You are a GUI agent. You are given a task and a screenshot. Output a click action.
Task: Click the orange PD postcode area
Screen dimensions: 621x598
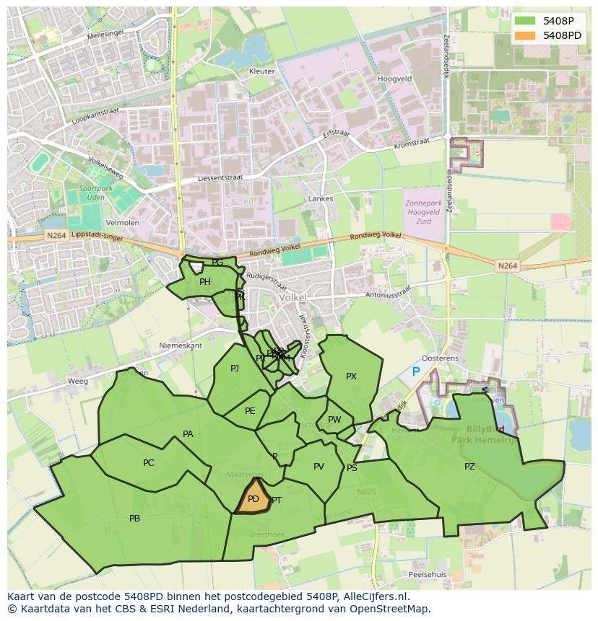(252, 498)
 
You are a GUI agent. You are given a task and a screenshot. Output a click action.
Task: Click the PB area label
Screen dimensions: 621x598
(134, 519)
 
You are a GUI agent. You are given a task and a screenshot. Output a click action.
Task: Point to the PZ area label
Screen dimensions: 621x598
(469, 467)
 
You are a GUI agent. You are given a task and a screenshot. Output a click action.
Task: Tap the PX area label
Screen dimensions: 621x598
(351, 376)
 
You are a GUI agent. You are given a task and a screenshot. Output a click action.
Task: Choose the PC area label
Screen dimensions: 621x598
(148, 463)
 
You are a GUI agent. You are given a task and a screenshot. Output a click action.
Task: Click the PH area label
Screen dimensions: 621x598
(205, 282)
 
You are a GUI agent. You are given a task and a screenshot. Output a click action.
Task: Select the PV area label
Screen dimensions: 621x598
(318, 467)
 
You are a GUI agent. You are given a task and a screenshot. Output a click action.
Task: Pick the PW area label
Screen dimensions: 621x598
(334, 420)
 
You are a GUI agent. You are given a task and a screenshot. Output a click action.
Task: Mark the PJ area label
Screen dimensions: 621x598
(235, 369)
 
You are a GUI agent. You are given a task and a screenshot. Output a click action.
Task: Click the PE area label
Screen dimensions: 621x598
(250, 411)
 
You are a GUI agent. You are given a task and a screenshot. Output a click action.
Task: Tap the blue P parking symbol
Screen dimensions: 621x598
(415, 371)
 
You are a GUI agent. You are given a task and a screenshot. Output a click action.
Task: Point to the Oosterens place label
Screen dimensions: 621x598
(440, 358)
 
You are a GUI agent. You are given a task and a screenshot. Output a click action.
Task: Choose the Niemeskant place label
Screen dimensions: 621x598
(181, 345)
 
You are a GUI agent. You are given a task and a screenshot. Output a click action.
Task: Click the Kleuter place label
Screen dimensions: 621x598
(261, 71)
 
